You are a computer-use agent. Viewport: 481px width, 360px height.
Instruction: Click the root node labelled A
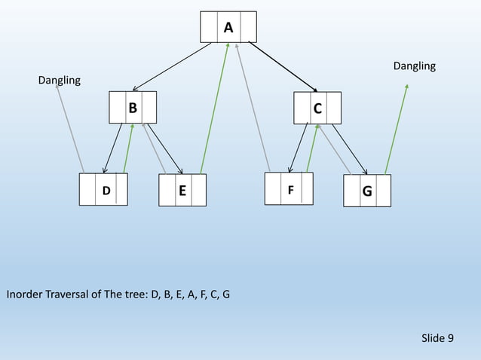228,27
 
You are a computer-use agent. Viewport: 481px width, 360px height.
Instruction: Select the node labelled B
132,108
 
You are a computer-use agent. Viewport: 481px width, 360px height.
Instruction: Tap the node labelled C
317,108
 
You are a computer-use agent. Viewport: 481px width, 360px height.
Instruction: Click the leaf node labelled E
182,190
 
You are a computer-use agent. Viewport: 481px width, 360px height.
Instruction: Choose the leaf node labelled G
366,191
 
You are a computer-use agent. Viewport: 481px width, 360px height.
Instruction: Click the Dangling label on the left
60,80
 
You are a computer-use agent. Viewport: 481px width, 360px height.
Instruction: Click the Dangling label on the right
414,66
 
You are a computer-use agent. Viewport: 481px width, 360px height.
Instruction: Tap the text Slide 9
437,337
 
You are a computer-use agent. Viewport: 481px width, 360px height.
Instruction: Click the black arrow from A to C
283,67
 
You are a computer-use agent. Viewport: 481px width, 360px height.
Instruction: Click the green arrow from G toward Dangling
397,128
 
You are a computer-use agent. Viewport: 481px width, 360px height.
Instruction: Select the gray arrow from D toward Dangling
72,128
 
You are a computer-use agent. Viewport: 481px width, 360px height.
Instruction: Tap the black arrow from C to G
349,148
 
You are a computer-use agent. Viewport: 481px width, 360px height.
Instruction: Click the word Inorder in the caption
25,294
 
